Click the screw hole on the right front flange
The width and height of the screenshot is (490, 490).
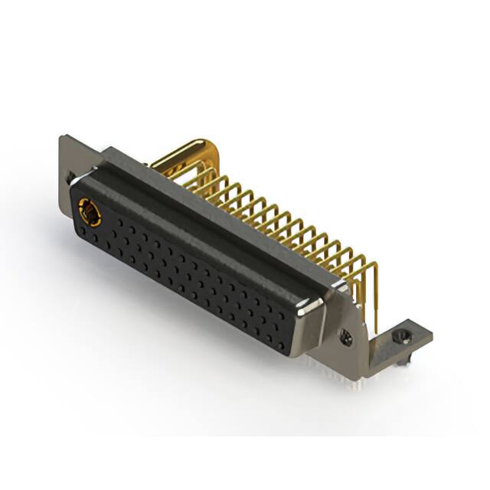click(x=347, y=334)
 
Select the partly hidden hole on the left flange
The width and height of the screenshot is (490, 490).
click(x=71, y=178)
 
